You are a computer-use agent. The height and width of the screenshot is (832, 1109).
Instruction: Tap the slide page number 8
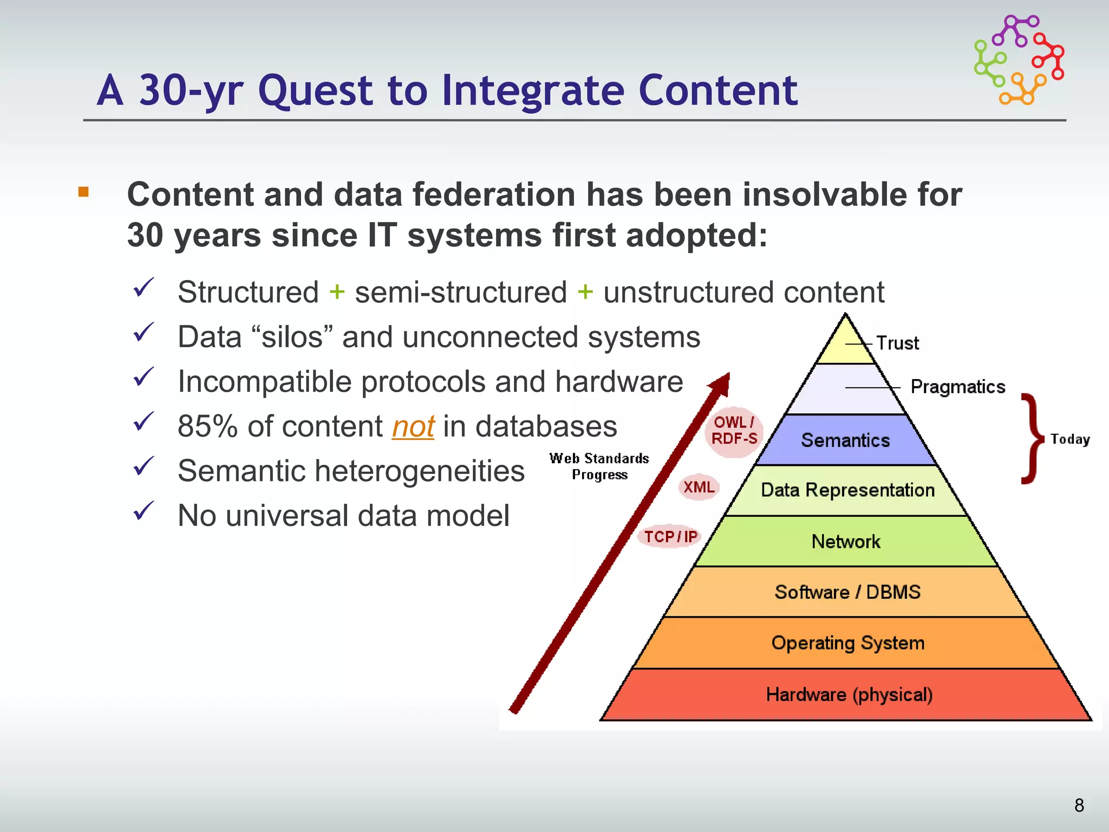(x=1079, y=805)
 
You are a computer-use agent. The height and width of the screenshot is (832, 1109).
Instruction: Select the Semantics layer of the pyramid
(x=845, y=440)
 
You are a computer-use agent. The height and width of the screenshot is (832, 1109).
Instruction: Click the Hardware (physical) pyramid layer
(x=849, y=695)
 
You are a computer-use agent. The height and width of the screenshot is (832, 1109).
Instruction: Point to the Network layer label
(x=846, y=542)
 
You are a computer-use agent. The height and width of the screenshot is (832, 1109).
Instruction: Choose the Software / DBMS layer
(x=847, y=592)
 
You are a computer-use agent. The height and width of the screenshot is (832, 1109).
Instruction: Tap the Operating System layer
(x=848, y=643)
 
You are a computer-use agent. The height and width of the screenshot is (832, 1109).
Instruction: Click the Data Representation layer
(x=847, y=490)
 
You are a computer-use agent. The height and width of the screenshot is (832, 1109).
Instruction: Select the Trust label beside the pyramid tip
(x=897, y=343)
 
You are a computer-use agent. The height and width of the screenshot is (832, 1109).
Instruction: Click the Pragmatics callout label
(x=957, y=387)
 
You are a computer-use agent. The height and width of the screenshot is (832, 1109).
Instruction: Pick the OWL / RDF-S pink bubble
(x=734, y=431)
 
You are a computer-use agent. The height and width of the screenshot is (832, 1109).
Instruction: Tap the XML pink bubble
(x=699, y=487)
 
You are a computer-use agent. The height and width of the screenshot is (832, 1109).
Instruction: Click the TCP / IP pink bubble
(x=670, y=537)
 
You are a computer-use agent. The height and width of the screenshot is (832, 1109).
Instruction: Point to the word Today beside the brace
(x=1070, y=439)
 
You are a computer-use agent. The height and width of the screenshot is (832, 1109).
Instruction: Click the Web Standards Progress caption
(x=599, y=466)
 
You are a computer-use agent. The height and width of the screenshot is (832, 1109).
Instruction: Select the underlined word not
(x=413, y=427)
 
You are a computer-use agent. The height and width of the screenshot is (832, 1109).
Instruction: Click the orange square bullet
(x=83, y=192)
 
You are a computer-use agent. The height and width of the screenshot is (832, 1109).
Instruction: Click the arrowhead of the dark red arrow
(x=722, y=383)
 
